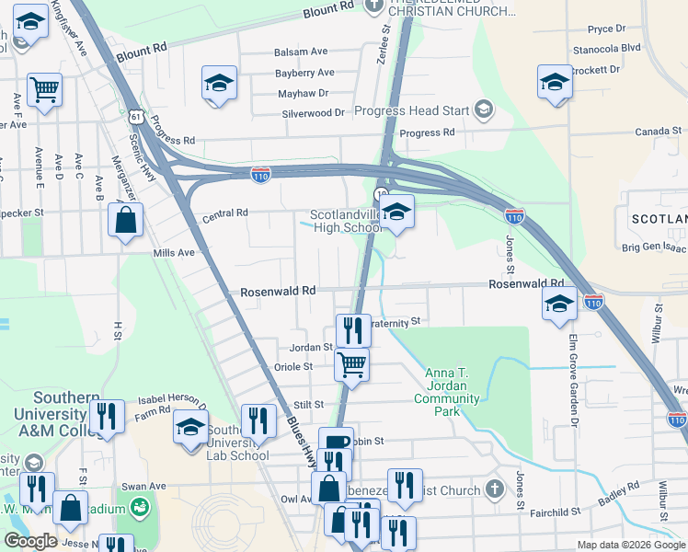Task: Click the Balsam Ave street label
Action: pos(302,52)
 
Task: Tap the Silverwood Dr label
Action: pos(312,113)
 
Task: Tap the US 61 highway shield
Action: pos(136,117)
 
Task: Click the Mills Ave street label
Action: pos(174,253)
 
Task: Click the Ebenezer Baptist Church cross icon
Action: pos(495,489)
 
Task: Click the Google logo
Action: pos(30,541)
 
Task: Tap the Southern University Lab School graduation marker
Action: pos(191,428)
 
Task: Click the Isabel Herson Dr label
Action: pos(172,400)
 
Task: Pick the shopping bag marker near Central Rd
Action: pos(125,221)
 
